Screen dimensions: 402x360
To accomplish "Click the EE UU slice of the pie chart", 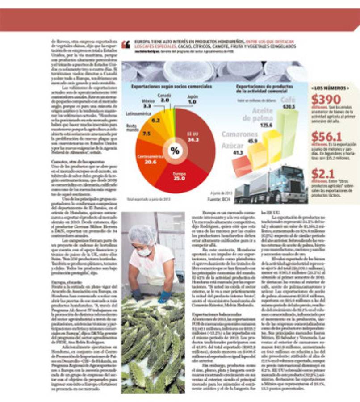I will click(197, 136).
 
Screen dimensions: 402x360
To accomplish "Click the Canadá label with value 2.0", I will click(164, 98).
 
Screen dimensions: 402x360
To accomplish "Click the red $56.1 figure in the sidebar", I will click(327, 136).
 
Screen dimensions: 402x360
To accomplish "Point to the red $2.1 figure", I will click(323, 174).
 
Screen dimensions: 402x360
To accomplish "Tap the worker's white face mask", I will click(144, 252).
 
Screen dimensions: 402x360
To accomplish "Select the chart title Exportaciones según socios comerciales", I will click(167, 87).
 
